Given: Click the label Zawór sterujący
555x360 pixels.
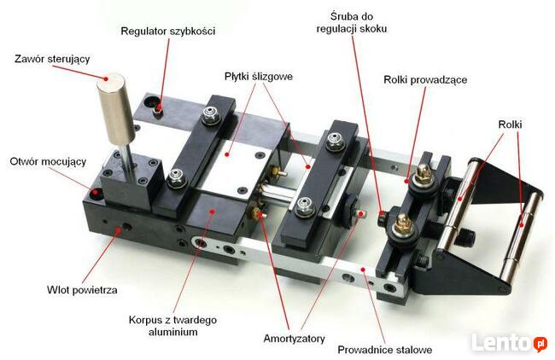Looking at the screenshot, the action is coord(52,59).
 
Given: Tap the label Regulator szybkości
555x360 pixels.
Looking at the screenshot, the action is coord(167,31).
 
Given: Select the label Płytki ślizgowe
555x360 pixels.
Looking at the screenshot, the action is coord(259,77).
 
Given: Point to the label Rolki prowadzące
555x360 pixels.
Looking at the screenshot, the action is coord(425,80).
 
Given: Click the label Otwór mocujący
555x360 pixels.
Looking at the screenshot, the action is coord(48,162).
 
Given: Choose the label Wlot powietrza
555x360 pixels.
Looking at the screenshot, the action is coord(82,290).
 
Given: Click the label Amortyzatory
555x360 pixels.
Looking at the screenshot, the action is coord(294,339).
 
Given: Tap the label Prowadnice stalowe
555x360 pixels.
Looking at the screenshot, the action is coord(385,350).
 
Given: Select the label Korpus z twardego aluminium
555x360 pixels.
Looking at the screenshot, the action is coord(172,326).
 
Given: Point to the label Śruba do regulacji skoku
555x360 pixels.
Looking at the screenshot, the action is coord(352,23).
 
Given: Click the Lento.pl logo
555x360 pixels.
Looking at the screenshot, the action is coord(509,342).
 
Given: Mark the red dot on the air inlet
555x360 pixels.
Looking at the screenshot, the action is coord(119,229).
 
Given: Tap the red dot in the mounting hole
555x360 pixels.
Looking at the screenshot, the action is coord(96,192).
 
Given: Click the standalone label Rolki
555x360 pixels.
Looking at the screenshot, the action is coord(510,125).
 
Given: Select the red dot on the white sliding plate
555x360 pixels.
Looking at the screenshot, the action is coord(227,154).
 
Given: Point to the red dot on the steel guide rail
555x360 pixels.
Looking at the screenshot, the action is coord(363,270).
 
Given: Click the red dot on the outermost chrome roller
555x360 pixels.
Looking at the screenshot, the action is coord(522,225).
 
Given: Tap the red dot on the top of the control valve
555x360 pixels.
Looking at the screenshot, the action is coord(106,78).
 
